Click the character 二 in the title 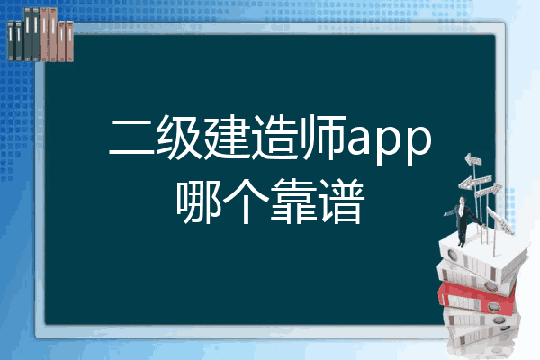coord(131,138)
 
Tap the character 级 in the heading coord(179,138)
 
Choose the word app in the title coord(390,142)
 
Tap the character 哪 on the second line coord(199,202)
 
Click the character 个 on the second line coord(247,202)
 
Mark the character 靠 coord(293,202)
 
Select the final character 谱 coord(341,202)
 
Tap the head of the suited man coord(463,200)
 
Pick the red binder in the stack coord(476,298)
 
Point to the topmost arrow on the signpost coord(473,159)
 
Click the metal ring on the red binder coord(494,307)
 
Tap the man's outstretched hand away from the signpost coord(445,214)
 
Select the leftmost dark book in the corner coord(10,41)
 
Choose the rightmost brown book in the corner coord(70,41)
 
